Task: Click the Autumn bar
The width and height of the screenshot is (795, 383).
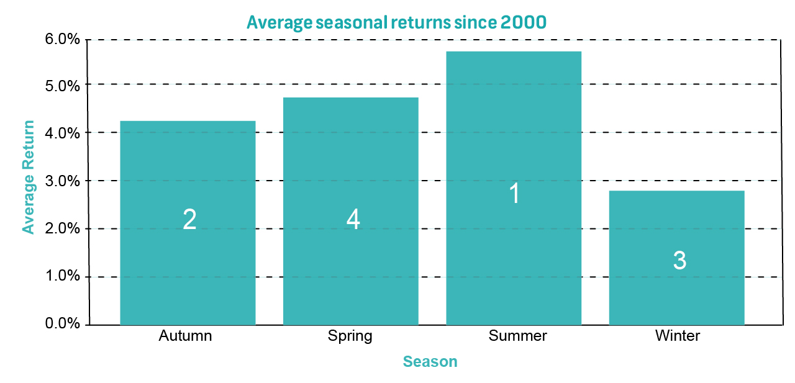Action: (188, 223)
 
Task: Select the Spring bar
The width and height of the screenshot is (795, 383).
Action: (351, 211)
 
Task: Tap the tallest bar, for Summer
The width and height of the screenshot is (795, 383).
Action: (514, 188)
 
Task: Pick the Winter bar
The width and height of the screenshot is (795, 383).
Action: (677, 258)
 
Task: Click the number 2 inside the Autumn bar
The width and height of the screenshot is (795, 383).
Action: (189, 219)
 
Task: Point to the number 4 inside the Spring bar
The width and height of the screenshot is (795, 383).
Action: (353, 219)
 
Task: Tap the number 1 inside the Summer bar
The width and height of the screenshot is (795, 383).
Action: (515, 193)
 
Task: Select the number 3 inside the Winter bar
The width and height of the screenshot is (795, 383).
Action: (679, 260)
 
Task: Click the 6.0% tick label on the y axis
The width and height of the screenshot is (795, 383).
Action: (62, 39)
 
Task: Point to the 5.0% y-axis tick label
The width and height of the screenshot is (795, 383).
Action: (62, 86)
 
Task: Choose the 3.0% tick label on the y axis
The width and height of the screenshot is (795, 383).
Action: (62, 181)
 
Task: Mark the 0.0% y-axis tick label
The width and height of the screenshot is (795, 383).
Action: (62, 323)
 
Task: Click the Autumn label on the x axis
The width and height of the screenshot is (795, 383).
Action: (185, 335)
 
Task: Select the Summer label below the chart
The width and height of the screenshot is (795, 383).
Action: (517, 335)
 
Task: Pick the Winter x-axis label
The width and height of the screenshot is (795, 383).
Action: (678, 335)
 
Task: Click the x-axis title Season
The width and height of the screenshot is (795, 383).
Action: (430, 362)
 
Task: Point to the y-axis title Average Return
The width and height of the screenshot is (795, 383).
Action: (29, 178)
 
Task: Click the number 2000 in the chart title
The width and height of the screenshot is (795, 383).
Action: (523, 22)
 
